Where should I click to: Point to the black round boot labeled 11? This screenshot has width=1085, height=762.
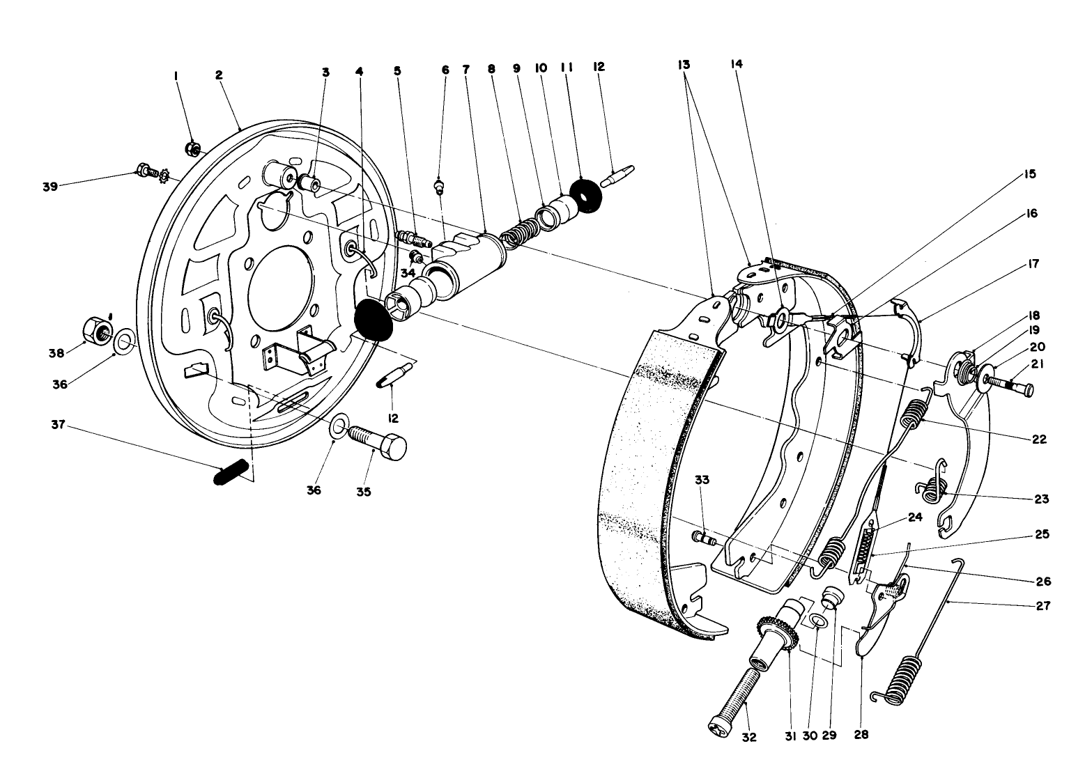pyautogui.click(x=585, y=193)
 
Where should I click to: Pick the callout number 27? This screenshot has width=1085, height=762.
pyautogui.click(x=1043, y=605)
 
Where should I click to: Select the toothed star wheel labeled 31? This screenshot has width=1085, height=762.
pyautogui.click(x=778, y=631)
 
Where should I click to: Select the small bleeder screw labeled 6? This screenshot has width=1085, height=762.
pyautogui.click(x=440, y=188)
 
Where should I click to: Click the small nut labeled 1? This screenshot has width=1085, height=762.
pyautogui.click(x=194, y=148)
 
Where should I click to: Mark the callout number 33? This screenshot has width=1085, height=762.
pyautogui.click(x=701, y=479)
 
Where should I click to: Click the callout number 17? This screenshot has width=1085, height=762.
pyautogui.click(x=1033, y=264)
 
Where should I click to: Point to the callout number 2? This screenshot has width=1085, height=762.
pyautogui.click(x=219, y=74)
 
